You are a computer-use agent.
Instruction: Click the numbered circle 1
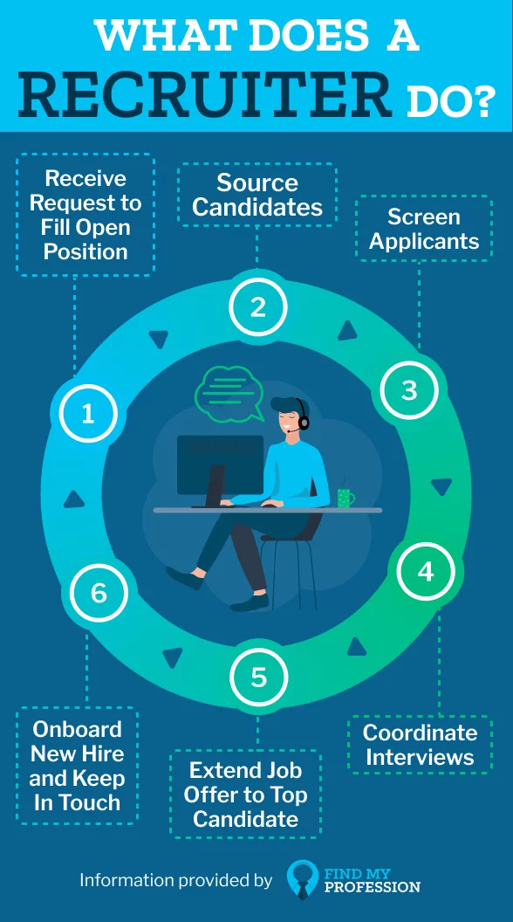pos(88,414)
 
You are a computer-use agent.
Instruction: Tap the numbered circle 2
pos(258,307)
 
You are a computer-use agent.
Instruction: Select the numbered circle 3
pos(409,390)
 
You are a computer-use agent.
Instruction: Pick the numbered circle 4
pos(426,572)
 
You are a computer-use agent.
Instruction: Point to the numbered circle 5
pos(258,677)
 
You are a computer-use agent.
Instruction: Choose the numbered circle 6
pos(98,593)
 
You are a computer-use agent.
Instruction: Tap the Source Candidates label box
pos(257,195)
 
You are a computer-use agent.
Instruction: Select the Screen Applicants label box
pos(424,229)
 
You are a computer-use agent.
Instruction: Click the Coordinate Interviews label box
pos(420,745)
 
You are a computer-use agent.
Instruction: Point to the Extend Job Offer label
pos(246,794)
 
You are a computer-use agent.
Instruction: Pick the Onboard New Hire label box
pos(77,766)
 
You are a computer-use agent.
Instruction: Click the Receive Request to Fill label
pos(85,215)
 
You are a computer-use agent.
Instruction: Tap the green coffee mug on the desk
pos(345,498)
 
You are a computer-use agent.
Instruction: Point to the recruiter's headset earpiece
pos(304,422)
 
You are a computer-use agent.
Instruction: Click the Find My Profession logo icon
pos(304,879)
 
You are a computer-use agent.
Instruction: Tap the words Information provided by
pos(176,880)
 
